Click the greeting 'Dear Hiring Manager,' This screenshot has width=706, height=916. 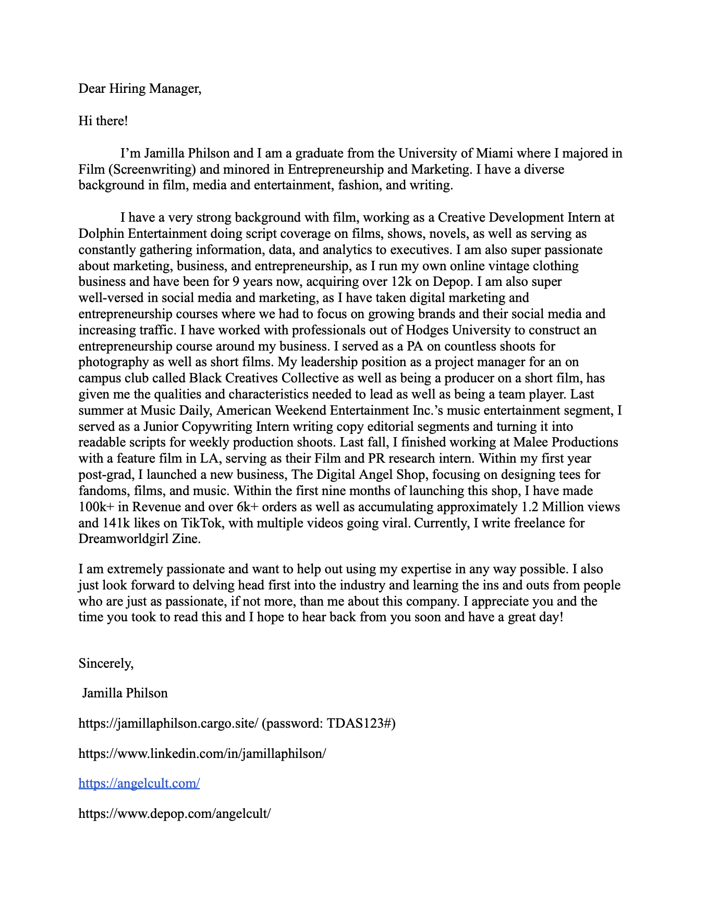[140, 89]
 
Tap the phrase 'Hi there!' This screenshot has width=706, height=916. [103, 121]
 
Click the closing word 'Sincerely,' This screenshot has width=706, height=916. [106, 664]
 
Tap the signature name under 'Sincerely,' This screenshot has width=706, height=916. [125, 693]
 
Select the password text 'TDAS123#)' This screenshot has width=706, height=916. [361, 724]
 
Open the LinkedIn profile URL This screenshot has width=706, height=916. [202, 754]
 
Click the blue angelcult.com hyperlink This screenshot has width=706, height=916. [139, 784]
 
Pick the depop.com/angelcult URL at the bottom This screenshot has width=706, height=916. [175, 814]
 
